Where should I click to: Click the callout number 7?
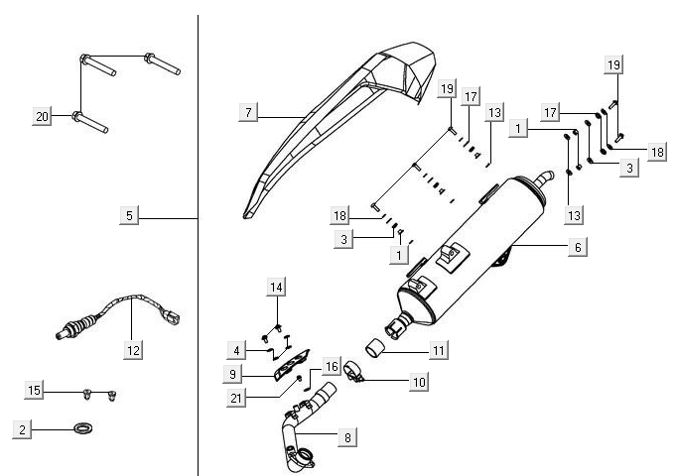point(247,113)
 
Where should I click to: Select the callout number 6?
point(575,249)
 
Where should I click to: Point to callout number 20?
point(42,117)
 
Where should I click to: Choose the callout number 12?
point(133,349)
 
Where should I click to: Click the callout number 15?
point(35,392)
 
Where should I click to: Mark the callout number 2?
point(21,429)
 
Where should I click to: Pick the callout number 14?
point(276,288)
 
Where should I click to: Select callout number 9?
point(232,375)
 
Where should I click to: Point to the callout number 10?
point(418,381)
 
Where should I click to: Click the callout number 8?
point(347,436)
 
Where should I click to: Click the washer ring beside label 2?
point(83,429)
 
